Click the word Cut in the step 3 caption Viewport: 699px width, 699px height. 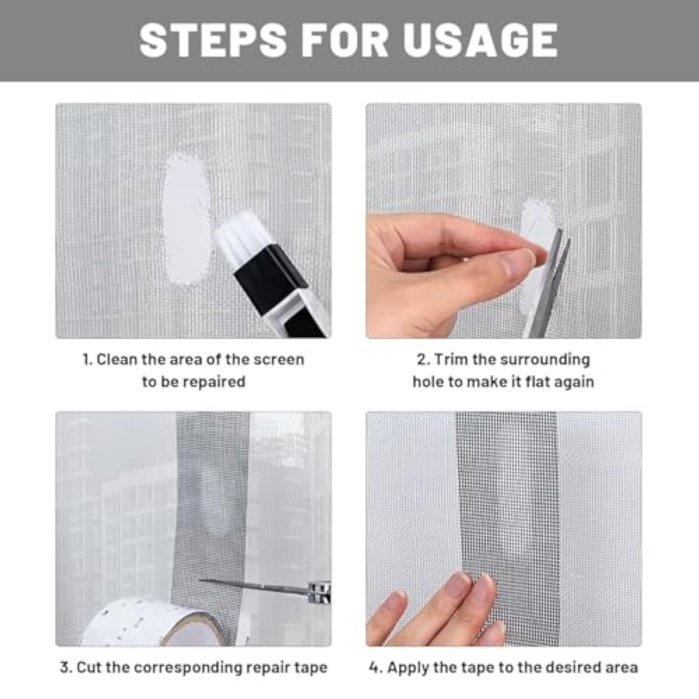[89, 668]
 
